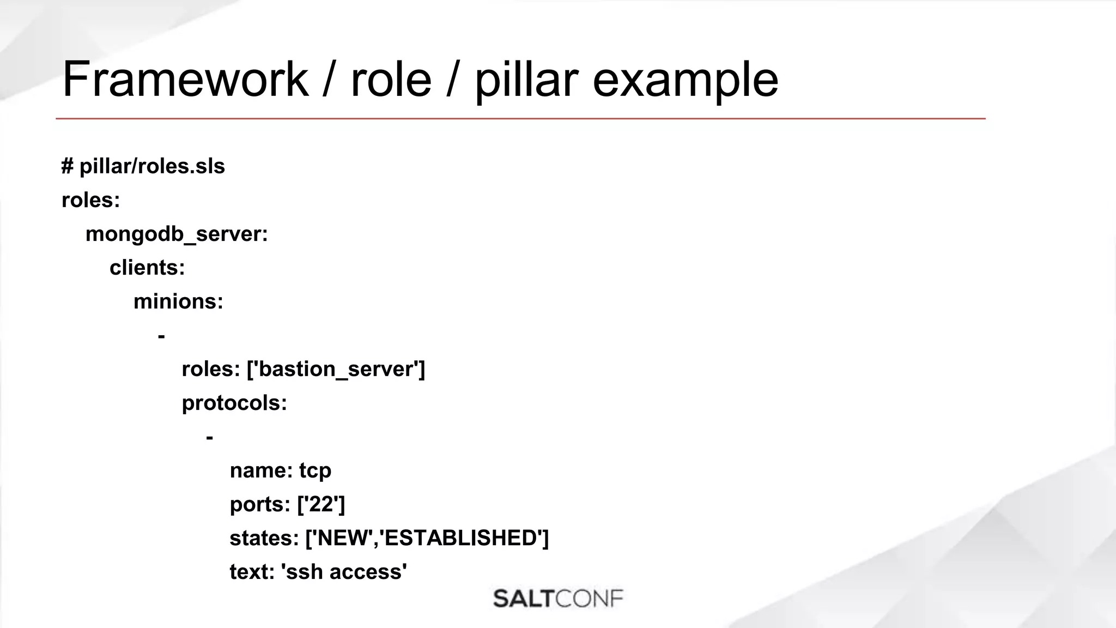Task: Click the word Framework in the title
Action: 185,80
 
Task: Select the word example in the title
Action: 685,80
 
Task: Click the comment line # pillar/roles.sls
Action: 143,166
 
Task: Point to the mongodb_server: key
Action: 177,234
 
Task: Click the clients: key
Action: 147,268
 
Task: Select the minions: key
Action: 178,301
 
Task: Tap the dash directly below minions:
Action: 161,336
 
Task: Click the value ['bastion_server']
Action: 336,369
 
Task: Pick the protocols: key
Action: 234,403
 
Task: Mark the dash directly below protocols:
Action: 209,437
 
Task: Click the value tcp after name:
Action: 315,470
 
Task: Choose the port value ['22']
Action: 321,504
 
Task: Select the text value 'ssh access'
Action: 344,572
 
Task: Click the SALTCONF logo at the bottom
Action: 558,599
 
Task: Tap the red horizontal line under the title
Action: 520,118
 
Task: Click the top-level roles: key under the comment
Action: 90,200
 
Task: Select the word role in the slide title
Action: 391,80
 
